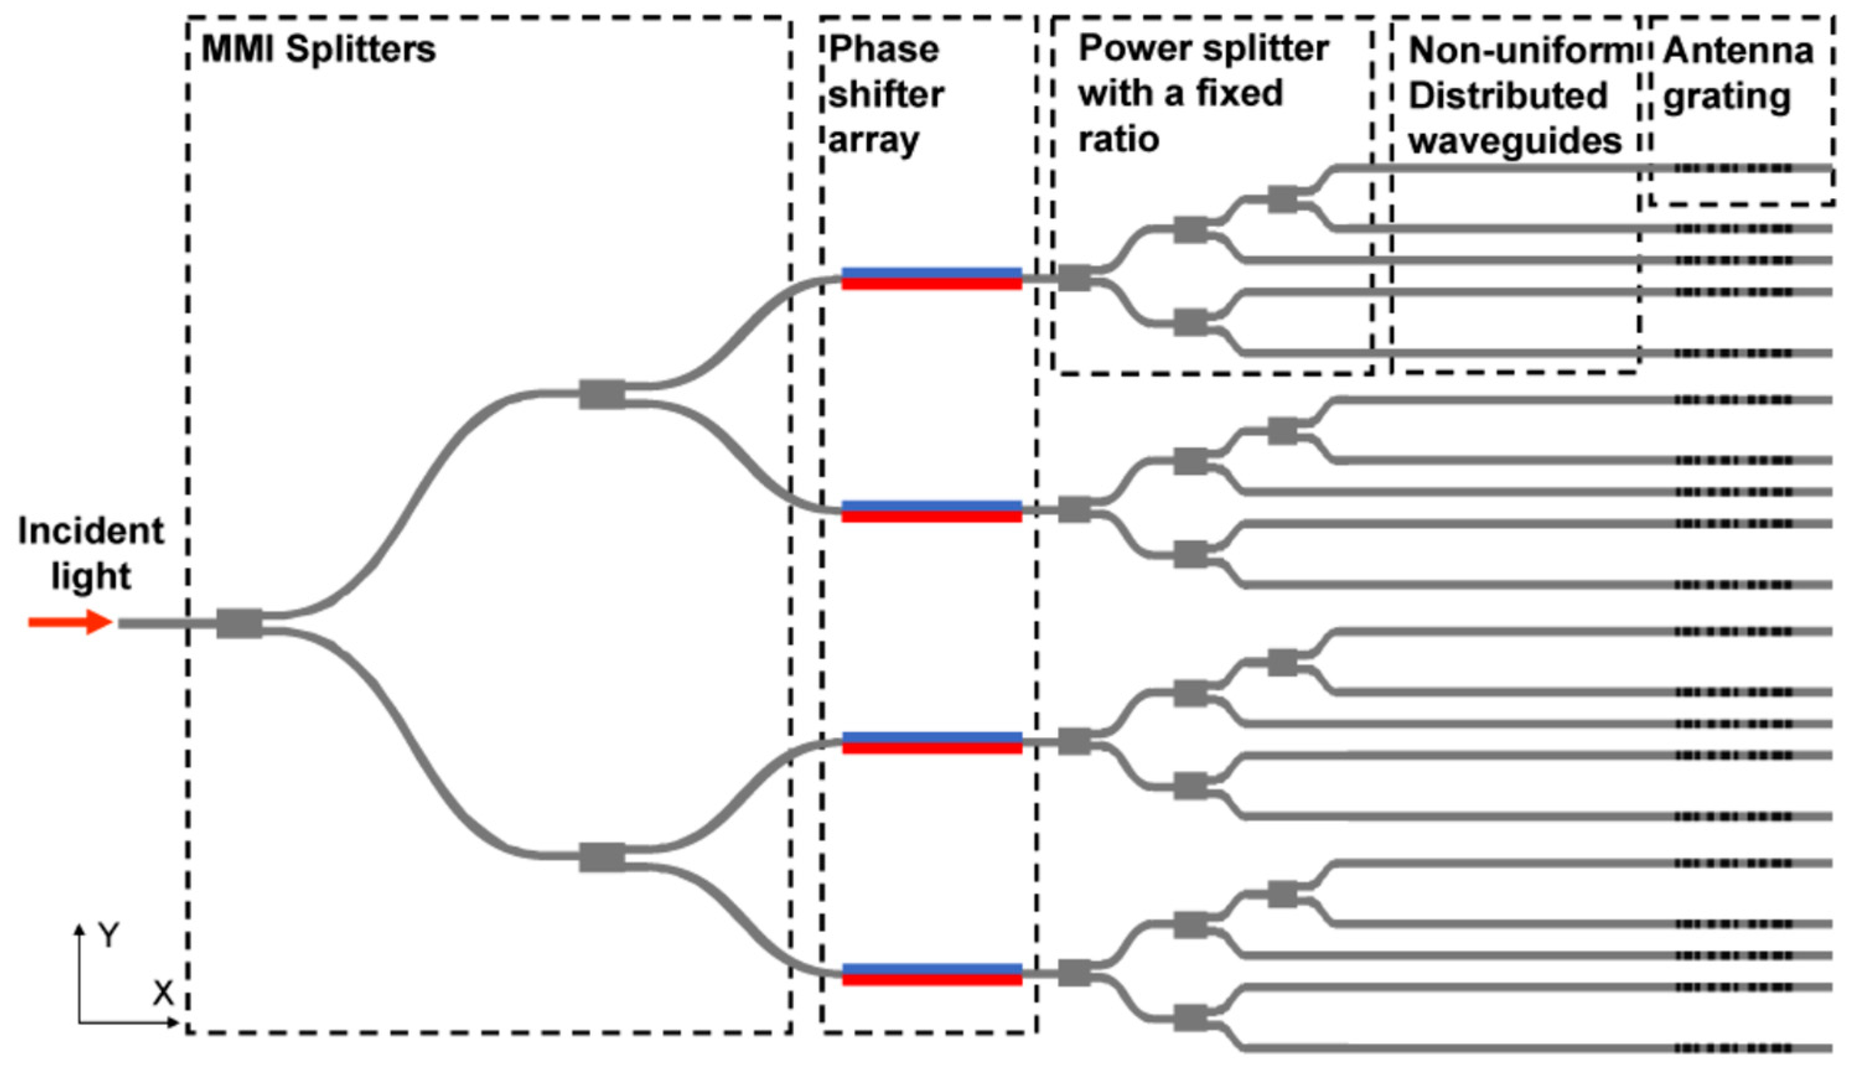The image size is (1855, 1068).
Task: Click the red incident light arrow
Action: click(x=69, y=622)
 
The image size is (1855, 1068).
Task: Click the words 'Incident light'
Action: click(x=90, y=553)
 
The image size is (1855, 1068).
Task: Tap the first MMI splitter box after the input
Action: click(x=239, y=623)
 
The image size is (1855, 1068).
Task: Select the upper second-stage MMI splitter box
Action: click(x=602, y=394)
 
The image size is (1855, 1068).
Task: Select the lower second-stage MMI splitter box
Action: click(x=602, y=857)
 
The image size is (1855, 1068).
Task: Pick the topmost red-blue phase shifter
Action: click(x=932, y=278)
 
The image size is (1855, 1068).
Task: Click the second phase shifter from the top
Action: click(x=932, y=510)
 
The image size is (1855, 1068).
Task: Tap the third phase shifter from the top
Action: click(x=932, y=742)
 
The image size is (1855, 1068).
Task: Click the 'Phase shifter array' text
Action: click(x=885, y=94)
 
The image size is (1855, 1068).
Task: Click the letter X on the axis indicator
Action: click(x=163, y=993)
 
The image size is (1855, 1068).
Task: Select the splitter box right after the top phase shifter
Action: click(x=1074, y=278)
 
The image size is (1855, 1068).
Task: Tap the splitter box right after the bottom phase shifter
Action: click(x=1074, y=973)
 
